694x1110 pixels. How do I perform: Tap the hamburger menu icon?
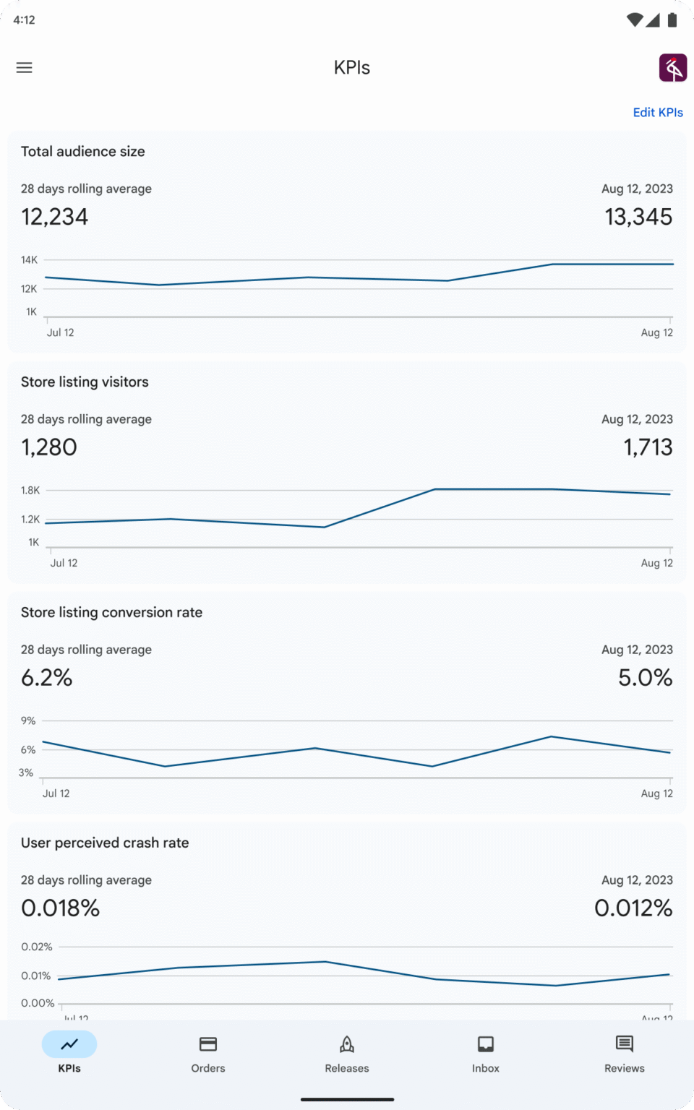(25, 68)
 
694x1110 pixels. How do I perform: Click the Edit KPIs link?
(658, 112)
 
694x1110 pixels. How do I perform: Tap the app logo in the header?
(672, 68)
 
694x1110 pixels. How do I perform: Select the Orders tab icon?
(208, 1044)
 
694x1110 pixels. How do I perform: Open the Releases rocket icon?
(347, 1044)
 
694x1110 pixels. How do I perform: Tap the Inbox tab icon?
(486, 1044)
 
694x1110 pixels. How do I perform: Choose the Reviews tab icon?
(625, 1044)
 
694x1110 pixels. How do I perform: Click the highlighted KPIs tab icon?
(69, 1044)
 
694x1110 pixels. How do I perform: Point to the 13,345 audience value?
(638, 217)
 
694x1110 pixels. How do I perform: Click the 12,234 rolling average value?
(54, 217)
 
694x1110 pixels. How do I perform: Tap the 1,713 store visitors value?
(648, 447)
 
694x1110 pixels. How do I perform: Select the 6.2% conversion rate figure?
(46, 678)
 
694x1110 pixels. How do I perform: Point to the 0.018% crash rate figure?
(60, 908)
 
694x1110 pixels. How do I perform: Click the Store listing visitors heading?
(85, 382)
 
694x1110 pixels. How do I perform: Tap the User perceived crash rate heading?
(105, 843)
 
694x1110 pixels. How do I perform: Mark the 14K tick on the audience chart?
(29, 260)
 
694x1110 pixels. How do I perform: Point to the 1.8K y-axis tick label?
(30, 491)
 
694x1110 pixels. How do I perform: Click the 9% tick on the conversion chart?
(28, 721)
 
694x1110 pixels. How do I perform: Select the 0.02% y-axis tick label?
(36, 947)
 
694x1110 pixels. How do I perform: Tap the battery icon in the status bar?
(672, 20)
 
